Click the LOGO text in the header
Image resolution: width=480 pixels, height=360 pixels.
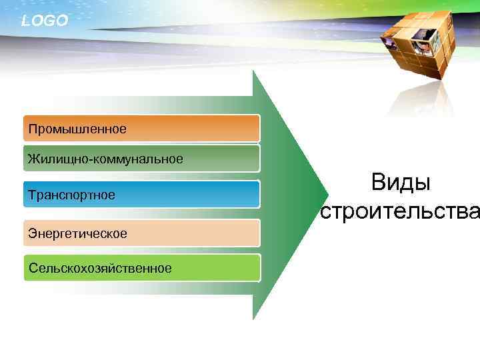(x=44, y=21)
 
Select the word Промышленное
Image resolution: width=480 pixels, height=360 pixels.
(x=77, y=127)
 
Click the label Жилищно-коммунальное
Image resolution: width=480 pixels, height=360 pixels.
(x=105, y=159)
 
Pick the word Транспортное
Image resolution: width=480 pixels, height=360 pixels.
(x=71, y=195)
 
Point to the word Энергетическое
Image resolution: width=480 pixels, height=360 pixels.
(x=77, y=233)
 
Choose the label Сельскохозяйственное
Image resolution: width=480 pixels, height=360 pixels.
(x=100, y=268)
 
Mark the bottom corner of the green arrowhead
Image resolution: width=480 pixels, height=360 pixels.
(x=253, y=319)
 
